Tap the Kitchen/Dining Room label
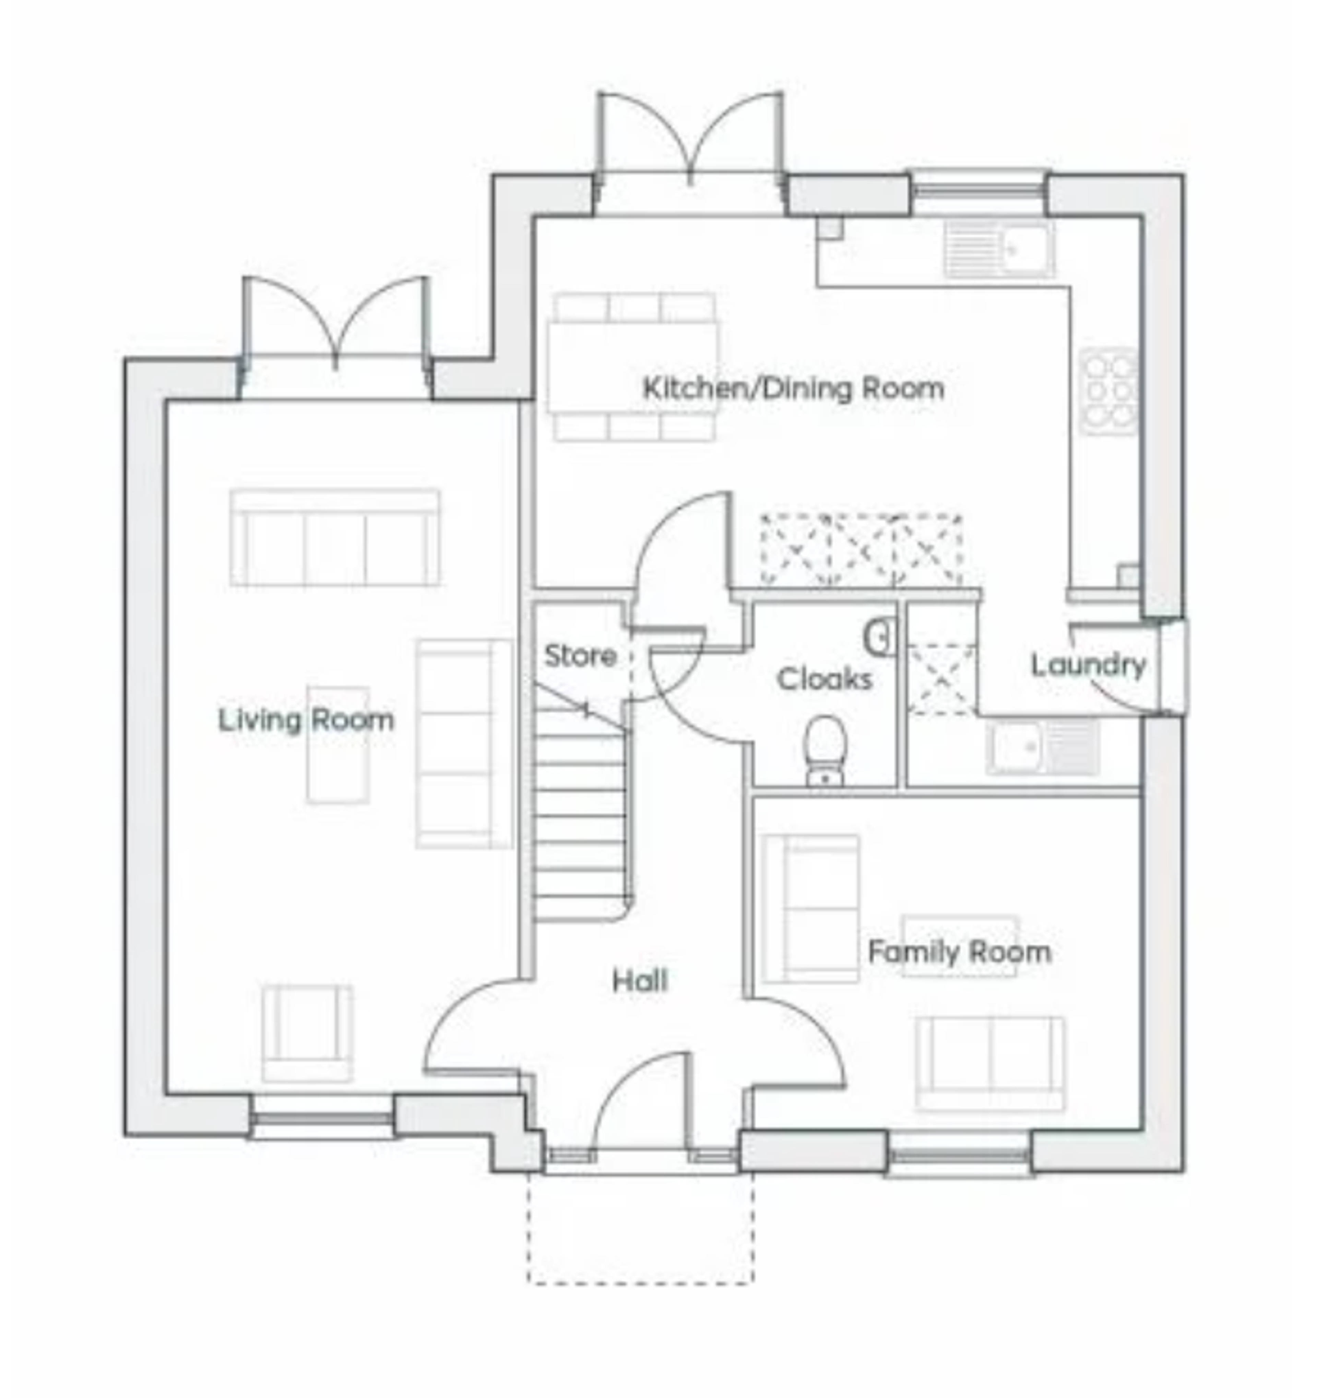pos(793,388)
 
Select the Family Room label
pos(960,952)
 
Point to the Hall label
pos(640,981)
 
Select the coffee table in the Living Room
pos(337,745)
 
